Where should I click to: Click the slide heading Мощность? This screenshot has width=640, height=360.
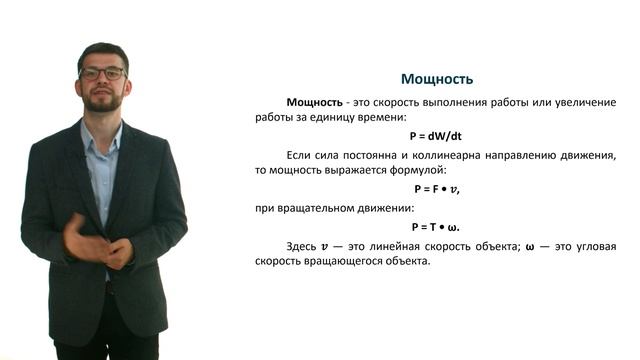(x=436, y=79)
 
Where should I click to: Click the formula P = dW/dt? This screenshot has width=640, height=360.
(x=436, y=136)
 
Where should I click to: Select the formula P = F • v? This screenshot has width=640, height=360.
(x=436, y=189)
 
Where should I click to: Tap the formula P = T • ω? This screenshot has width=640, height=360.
(x=436, y=227)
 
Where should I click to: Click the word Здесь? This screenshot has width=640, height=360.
(x=302, y=246)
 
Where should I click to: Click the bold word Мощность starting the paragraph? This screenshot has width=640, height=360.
(x=316, y=102)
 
